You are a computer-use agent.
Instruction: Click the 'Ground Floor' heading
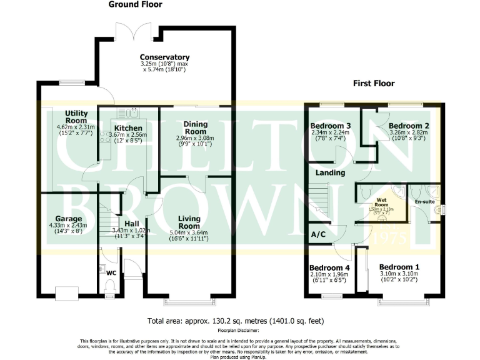pos(135,4)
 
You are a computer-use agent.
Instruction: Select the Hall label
pos(131,224)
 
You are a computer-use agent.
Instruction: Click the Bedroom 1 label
pos(399,267)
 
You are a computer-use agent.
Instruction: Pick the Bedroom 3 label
pos(331,126)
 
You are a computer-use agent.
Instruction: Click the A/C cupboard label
pos(317,234)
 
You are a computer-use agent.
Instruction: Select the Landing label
pos(331,172)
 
